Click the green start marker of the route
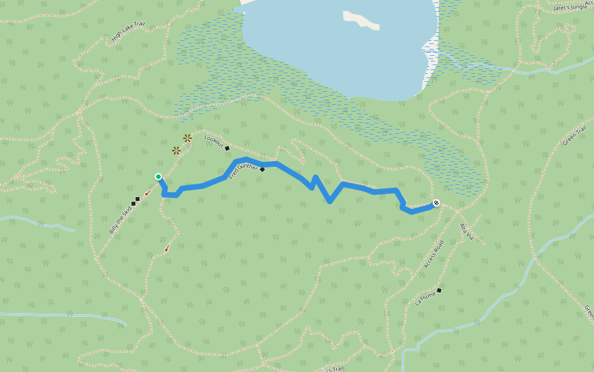point(158,177)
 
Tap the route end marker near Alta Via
point(436,203)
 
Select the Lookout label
point(213,141)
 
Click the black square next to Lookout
point(227,148)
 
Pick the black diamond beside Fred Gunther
point(262,169)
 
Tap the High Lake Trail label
point(128,33)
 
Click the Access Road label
point(434,254)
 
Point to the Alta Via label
point(466,232)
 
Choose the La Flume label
point(426,298)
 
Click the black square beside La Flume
point(439,290)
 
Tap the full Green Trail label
point(574,135)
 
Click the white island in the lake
point(361,20)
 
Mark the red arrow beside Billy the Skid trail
point(147,193)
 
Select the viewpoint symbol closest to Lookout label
point(187,138)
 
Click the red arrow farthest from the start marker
point(166,249)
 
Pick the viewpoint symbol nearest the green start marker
point(176,150)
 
